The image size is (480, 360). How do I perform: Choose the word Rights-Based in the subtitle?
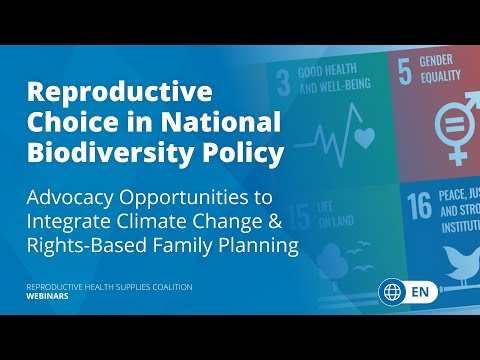point(91,243)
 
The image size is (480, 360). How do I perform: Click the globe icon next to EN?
point(392,292)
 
